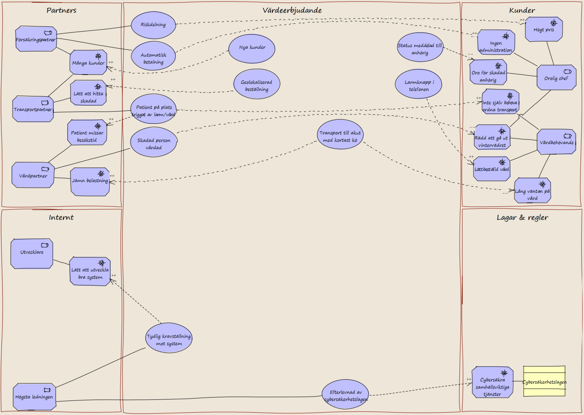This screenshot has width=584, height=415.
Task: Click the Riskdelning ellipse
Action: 153,25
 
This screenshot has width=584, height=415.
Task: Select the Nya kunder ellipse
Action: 252,49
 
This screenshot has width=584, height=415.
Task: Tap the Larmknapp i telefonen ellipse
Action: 418,84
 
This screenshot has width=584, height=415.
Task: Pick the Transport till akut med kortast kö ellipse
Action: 340,134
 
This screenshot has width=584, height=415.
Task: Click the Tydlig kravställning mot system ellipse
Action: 169,338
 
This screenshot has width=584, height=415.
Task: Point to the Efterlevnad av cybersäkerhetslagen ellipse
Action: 345,394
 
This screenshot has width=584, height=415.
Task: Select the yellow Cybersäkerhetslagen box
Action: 544,381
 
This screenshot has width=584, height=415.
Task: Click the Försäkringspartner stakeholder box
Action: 36,39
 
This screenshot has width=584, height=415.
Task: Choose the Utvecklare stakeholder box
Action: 32,253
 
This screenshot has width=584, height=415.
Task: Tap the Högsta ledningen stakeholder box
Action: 34,396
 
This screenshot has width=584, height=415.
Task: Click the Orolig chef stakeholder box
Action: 556,77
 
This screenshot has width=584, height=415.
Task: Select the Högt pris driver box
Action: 544,29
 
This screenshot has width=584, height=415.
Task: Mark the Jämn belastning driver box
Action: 90,182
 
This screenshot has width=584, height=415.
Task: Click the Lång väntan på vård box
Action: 533,190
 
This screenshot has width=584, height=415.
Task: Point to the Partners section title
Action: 62,11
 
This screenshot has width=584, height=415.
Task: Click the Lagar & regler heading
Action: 522,218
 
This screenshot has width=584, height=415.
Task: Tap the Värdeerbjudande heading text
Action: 292,11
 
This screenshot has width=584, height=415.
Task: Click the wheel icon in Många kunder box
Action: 98,56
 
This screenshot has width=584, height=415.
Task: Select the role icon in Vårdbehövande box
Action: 567,135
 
